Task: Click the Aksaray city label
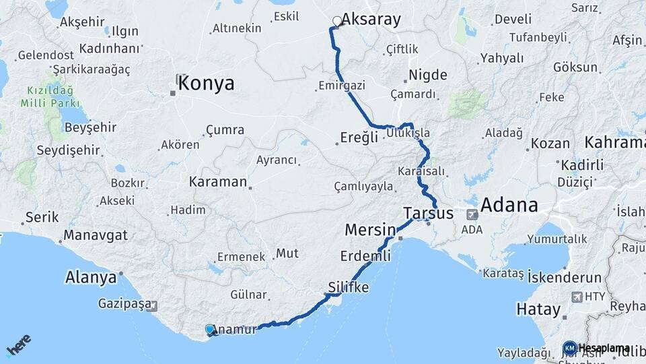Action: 371,19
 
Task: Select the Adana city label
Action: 509,205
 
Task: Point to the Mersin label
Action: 369,230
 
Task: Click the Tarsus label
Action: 428,214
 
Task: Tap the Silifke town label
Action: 349,286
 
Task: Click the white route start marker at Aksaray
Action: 336,21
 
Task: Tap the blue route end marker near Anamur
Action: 210,329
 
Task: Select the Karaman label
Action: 218,182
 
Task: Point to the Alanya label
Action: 90,277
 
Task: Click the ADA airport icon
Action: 472,215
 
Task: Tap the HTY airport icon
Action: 577,297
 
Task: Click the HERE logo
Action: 19,344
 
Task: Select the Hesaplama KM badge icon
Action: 569,348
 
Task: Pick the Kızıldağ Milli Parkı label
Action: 50,96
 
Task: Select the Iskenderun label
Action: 555,276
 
